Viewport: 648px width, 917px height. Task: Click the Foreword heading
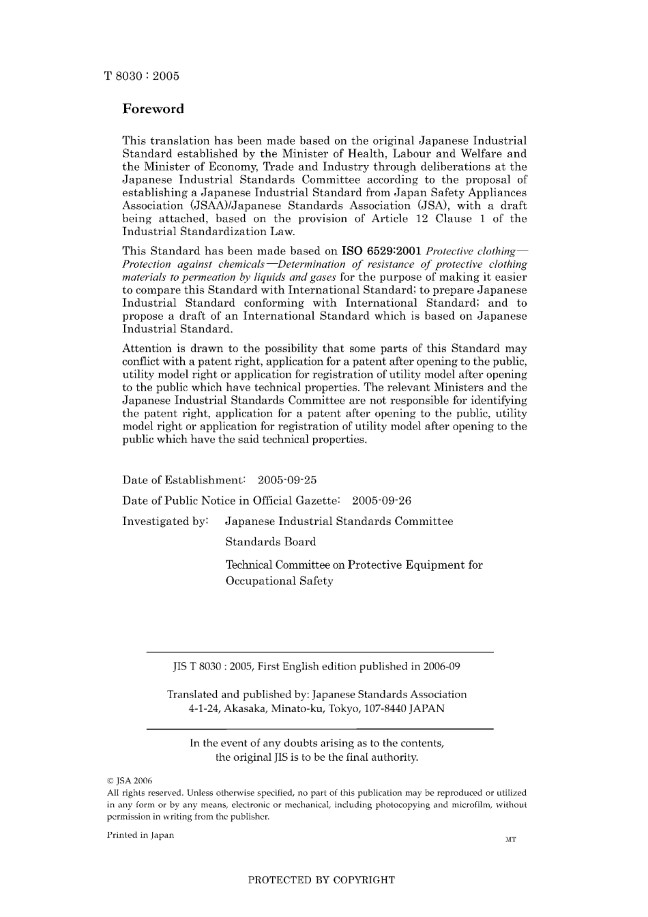point(153,108)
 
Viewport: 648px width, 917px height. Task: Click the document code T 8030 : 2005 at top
point(142,76)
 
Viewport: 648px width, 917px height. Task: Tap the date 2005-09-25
point(286,480)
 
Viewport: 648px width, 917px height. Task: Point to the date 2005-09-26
point(381,500)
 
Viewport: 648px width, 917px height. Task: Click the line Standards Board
point(271,542)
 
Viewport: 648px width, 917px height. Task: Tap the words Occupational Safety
point(279,581)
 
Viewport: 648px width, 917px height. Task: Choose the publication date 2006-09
point(441,666)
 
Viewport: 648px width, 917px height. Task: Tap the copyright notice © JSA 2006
point(130,781)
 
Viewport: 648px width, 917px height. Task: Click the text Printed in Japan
point(141,835)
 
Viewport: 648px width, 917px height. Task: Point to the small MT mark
point(510,839)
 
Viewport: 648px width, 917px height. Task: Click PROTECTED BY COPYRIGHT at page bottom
point(321,880)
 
